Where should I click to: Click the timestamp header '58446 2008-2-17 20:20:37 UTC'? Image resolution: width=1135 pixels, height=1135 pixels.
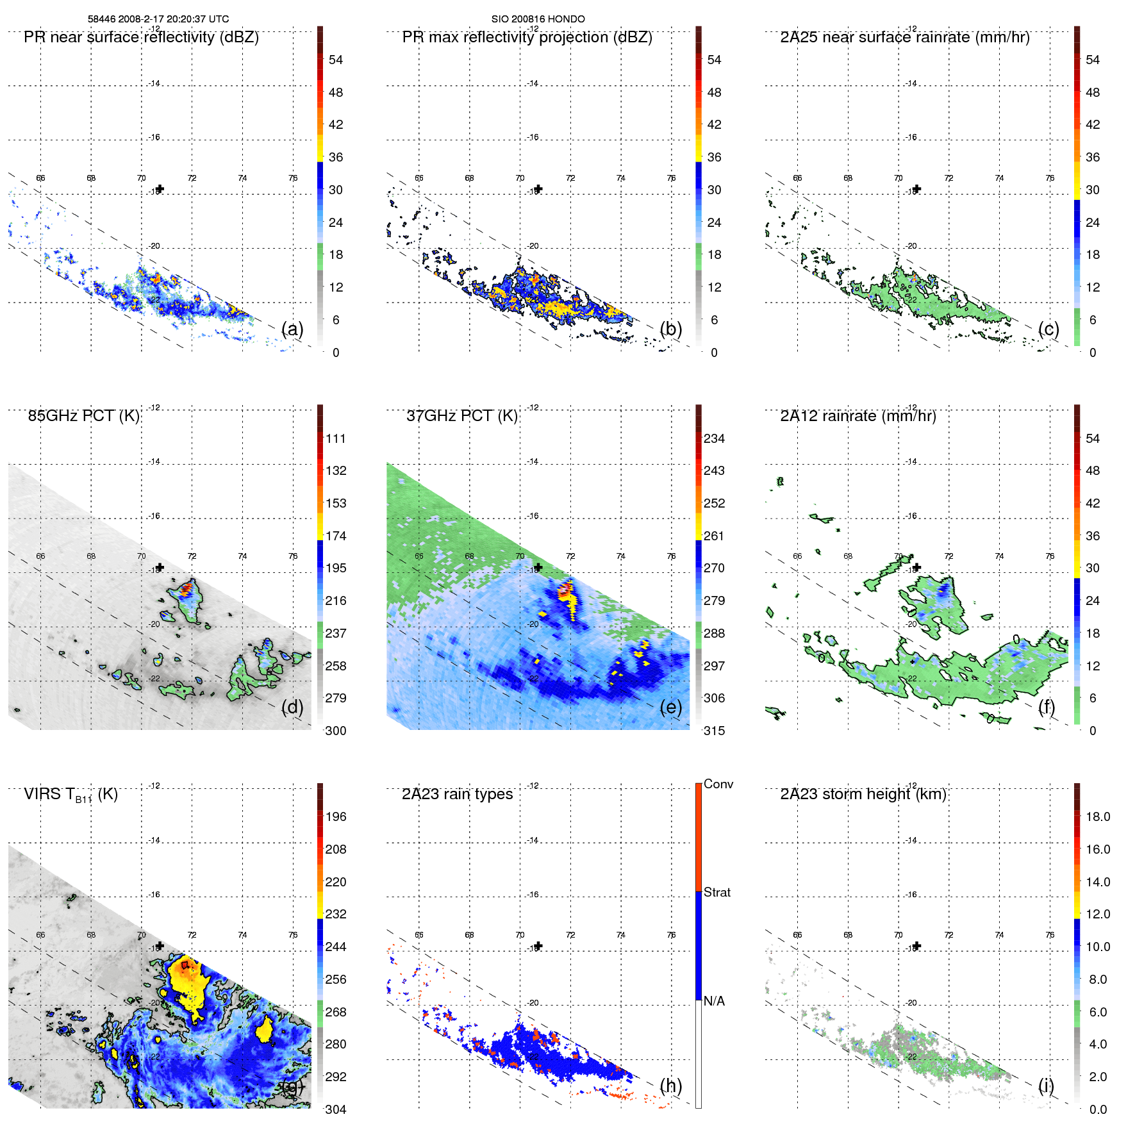click(158, 19)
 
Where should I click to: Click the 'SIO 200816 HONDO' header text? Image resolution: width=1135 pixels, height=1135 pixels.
click(538, 19)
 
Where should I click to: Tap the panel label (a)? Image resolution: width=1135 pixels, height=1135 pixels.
click(292, 329)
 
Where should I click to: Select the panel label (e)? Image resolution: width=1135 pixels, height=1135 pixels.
click(670, 707)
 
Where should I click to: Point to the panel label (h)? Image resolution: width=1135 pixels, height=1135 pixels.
click(670, 1085)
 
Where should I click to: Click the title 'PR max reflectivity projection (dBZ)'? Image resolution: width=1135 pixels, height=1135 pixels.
click(527, 37)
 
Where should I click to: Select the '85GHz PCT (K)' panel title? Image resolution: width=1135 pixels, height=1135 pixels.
click(83, 415)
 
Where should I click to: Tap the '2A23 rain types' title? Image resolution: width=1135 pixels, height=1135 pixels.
click(457, 794)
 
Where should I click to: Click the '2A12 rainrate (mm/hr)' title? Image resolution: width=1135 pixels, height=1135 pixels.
click(857, 415)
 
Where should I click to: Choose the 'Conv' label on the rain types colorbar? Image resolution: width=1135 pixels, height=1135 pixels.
click(718, 784)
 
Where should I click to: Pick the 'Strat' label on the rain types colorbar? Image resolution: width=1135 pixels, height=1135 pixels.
click(717, 892)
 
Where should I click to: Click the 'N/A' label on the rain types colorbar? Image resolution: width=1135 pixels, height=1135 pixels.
click(714, 1000)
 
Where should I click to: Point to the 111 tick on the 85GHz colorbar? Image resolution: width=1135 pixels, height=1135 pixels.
click(336, 438)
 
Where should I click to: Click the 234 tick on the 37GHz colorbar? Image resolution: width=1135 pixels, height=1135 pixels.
click(714, 438)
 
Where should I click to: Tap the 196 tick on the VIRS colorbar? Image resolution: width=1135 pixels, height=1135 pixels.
click(336, 816)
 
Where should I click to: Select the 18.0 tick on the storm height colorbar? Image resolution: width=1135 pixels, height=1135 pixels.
click(1097, 816)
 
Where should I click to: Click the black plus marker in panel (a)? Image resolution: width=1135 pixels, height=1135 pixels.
click(160, 188)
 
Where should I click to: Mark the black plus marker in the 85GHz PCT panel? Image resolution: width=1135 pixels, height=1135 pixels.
click(160, 567)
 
